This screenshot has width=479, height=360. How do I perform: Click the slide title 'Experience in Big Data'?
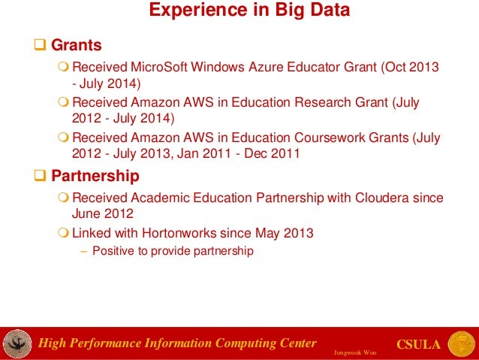click(248, 11)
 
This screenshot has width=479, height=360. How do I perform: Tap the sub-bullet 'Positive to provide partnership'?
click(172, 251)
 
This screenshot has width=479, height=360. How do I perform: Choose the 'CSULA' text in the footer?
click(417, 344)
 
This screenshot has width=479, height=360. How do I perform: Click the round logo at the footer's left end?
click(17, 343)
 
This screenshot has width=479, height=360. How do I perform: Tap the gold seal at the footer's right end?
click(461, 343)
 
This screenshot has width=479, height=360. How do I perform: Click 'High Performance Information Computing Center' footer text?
click(178, 344)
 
